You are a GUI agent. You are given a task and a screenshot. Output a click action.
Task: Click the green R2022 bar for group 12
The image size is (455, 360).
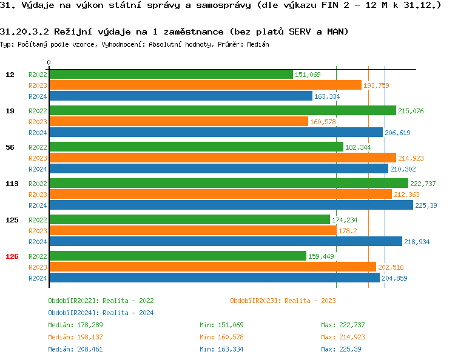170,74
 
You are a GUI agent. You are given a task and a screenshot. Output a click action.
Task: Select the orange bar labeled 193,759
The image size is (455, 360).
205,85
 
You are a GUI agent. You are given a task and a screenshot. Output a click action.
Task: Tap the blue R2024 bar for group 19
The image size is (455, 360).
215,133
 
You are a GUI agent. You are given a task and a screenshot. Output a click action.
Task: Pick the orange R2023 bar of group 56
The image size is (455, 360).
222,158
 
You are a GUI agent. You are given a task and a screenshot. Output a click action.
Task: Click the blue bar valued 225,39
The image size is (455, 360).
231,205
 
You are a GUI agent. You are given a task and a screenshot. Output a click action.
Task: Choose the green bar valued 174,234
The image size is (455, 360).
189,219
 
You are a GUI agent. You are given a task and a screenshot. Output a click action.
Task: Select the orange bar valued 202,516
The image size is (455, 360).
212,267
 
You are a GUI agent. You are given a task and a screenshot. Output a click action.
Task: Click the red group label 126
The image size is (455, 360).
12,256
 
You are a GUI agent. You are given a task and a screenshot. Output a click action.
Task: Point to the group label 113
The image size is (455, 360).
12,184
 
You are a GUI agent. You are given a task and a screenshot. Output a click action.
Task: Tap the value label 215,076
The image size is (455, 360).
411,111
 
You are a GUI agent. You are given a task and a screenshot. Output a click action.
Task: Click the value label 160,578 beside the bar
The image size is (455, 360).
323,122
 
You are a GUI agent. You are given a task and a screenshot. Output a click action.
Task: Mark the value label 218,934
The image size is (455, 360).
417,242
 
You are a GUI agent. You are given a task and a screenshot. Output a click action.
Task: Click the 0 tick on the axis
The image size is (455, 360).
49,63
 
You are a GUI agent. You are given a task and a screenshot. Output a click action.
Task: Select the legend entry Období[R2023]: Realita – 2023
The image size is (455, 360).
283,301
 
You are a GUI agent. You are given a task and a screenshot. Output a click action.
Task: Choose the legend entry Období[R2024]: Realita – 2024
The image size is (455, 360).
101,313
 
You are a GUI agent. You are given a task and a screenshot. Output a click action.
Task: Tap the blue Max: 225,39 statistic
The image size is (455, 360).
341,349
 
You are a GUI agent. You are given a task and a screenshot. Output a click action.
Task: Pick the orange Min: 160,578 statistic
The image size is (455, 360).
221,337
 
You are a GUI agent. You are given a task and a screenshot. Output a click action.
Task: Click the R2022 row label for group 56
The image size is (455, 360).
38,147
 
